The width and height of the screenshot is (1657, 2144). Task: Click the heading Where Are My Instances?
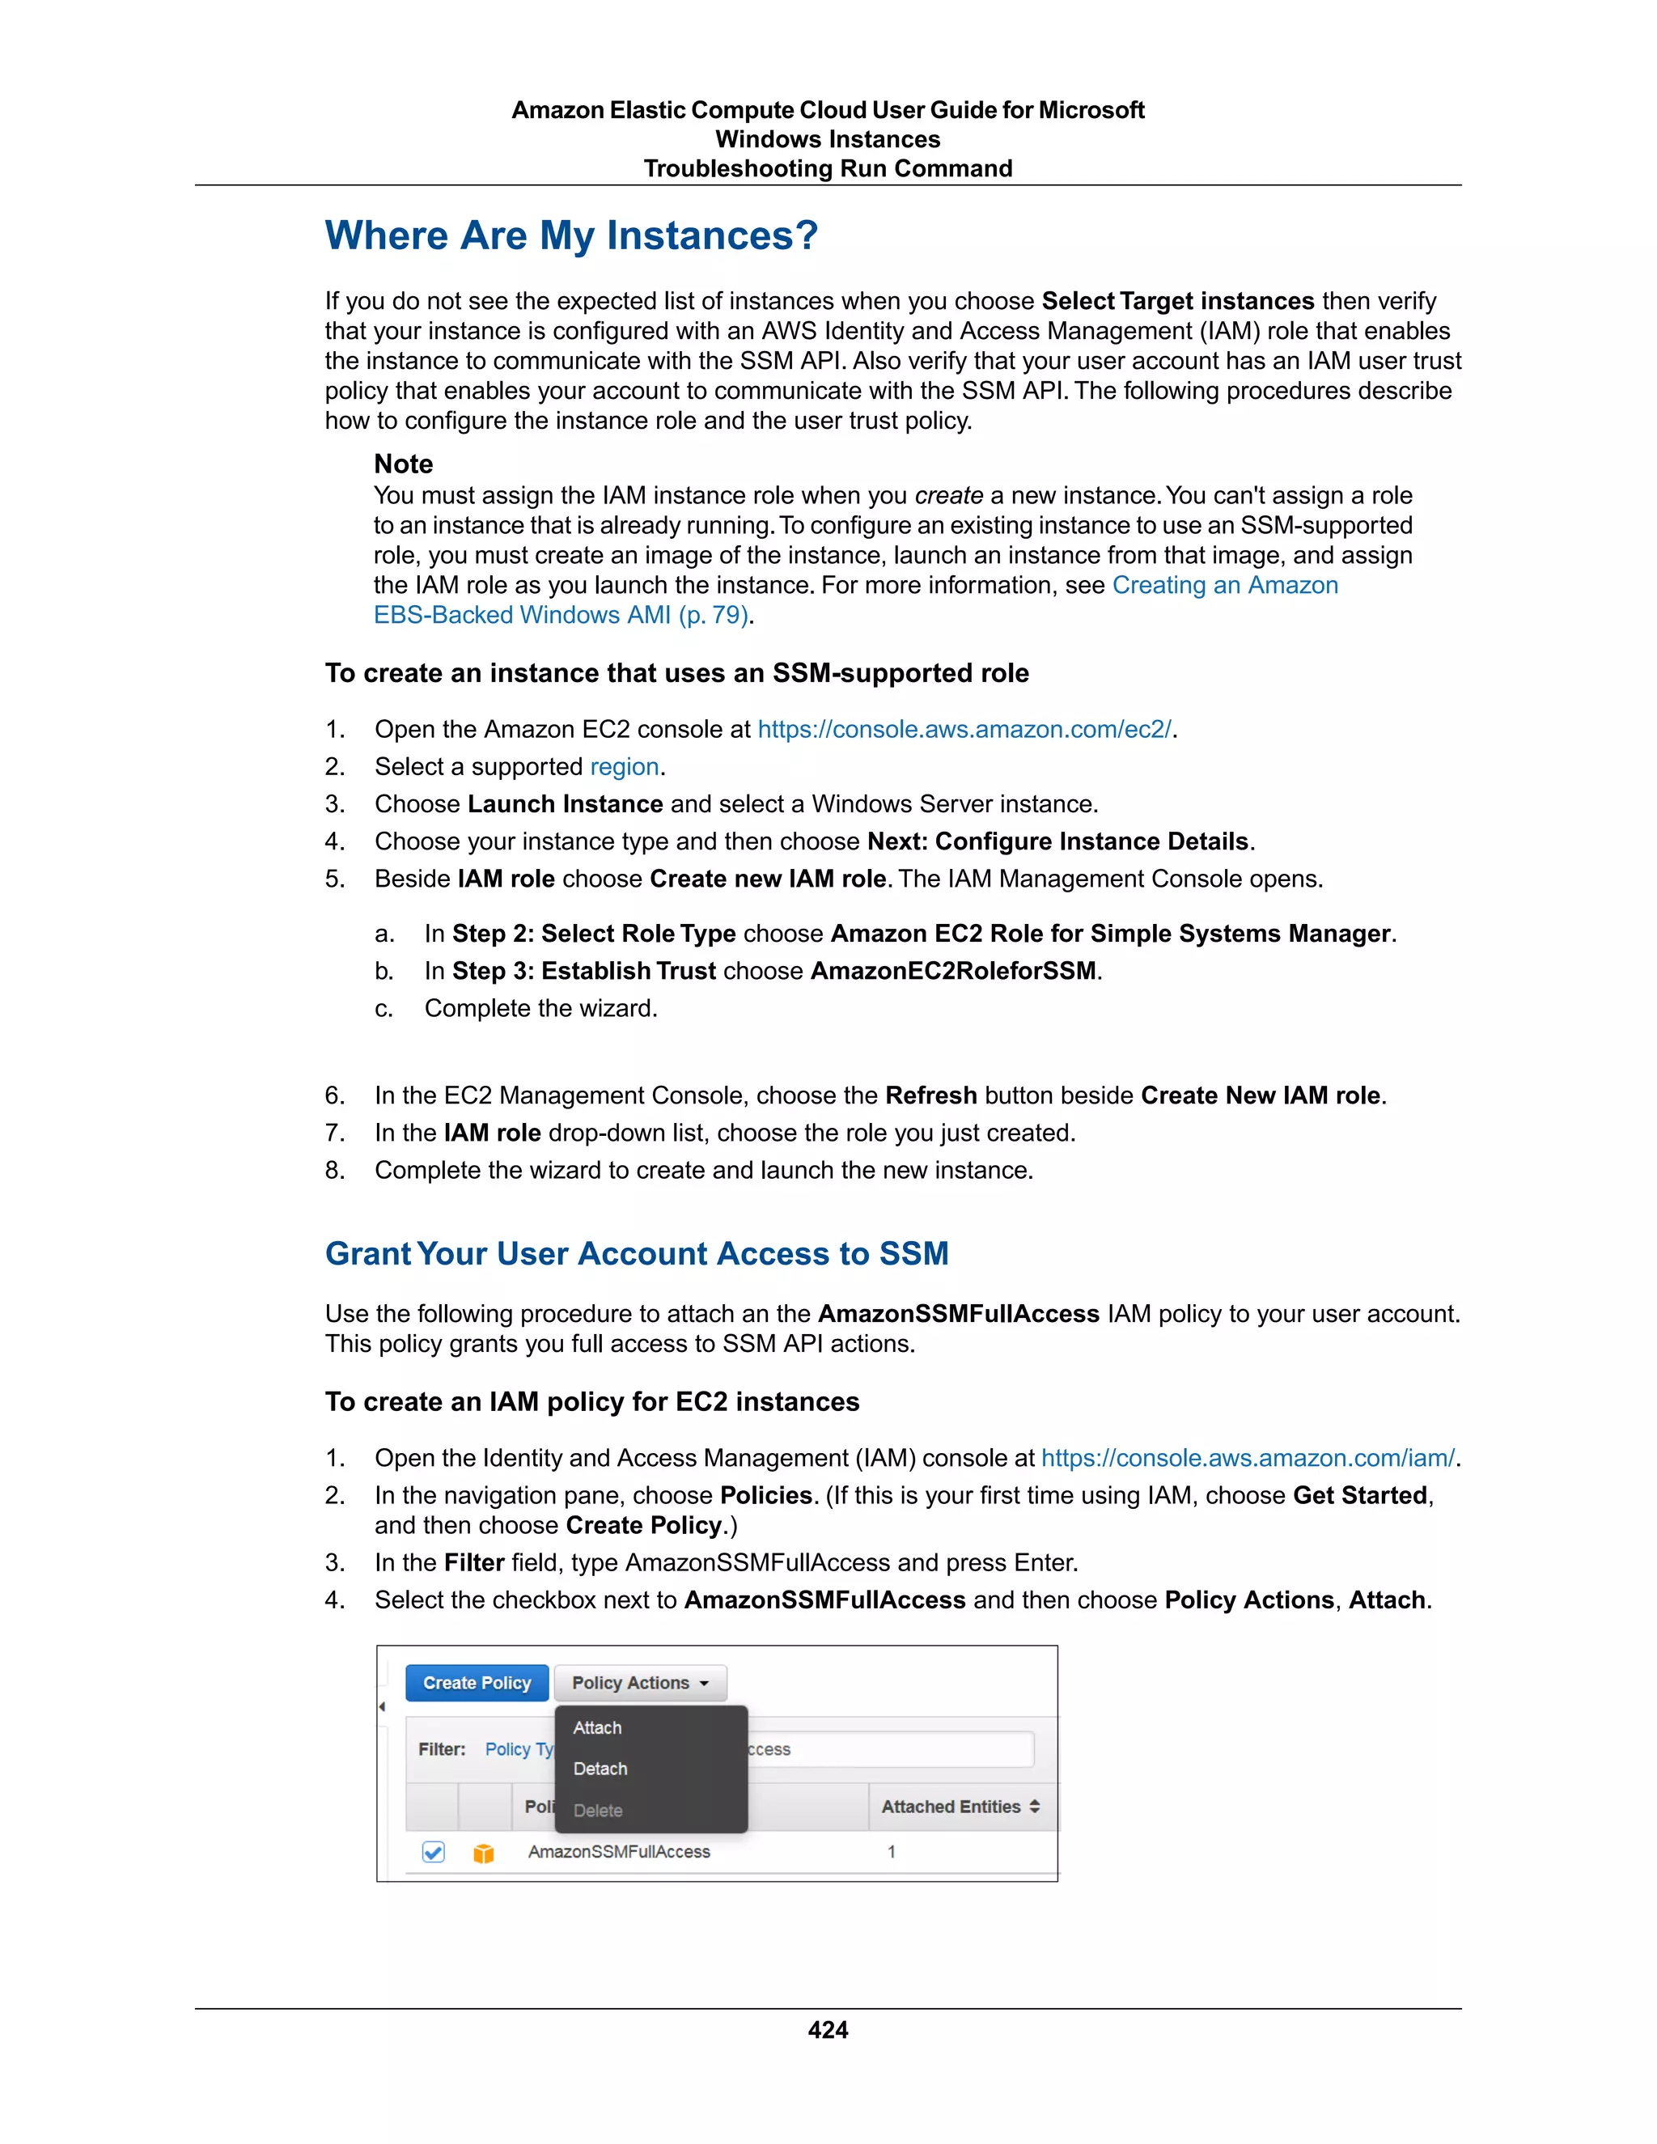571,235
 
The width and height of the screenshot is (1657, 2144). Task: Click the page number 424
828,2029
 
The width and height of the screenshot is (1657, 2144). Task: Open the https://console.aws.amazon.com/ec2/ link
964,730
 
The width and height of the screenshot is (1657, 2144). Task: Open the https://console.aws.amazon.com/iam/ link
1248,1458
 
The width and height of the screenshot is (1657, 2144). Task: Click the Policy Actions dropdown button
640,1683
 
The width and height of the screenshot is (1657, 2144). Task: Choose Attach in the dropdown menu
597,1728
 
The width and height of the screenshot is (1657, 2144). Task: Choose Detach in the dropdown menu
600,1769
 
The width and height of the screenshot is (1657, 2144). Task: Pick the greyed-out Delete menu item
598,1810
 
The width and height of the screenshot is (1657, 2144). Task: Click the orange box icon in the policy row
483,1853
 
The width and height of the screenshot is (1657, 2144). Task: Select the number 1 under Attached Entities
892,1851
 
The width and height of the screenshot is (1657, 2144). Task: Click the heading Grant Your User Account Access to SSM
636,1253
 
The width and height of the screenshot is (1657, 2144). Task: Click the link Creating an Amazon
1224,585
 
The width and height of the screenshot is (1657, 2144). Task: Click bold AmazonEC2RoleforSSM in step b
952,971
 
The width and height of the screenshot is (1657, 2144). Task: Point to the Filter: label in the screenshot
442,1749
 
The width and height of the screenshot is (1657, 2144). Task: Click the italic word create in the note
948,496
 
